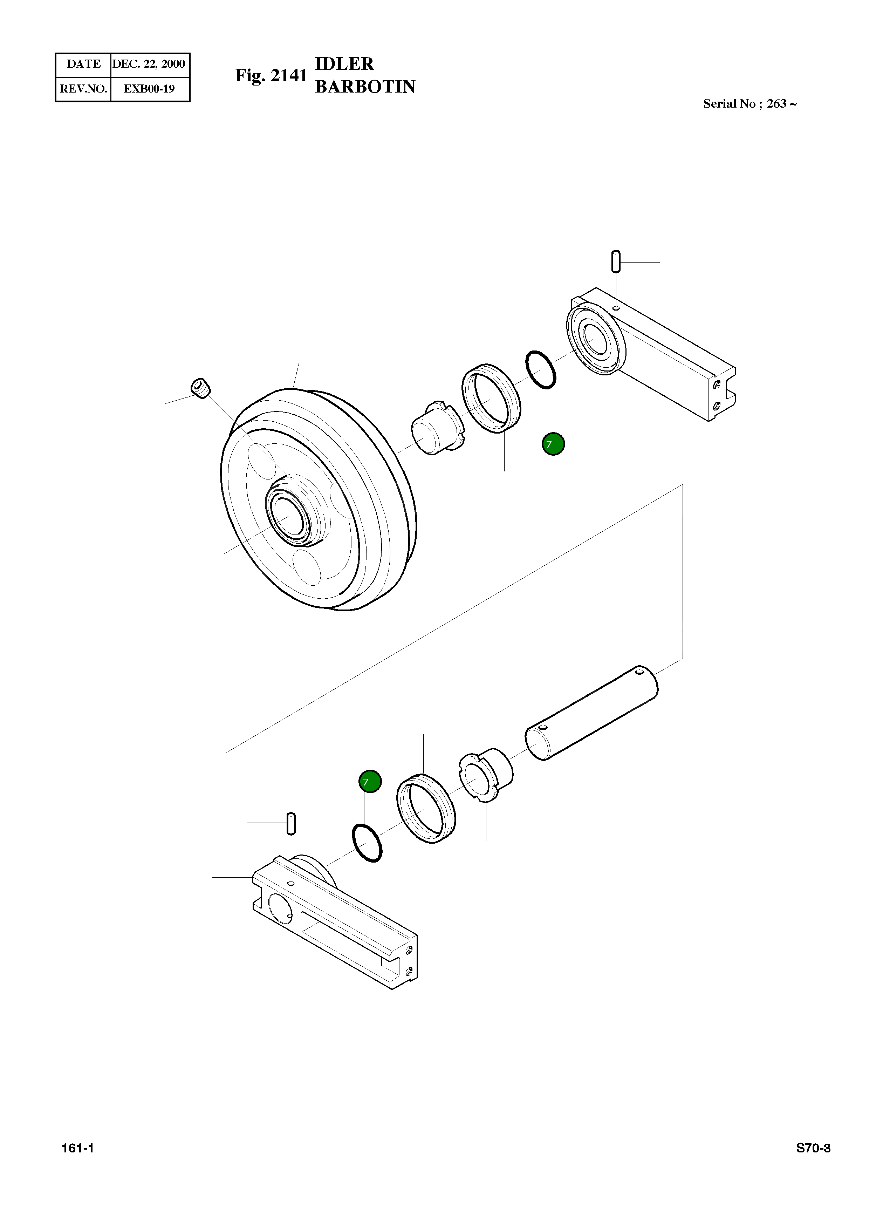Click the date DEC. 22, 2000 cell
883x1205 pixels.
(x=149, y=64)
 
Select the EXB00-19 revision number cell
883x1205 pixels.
(x=149, y=89)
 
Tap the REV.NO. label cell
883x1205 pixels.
(x=83, y=89)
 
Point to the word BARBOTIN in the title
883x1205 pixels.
(x=365, y=87)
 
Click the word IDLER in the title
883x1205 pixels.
(x=344, y=64)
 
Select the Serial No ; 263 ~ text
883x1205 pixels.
(x=749, y=104)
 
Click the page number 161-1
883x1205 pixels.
(x=78, y=1148)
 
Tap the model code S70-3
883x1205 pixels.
(x=813, y=1148)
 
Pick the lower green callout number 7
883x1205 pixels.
(x=370, y=782)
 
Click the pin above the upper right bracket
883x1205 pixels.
(x=616, y=261)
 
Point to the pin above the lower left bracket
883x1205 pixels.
(x=291, y=823)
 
